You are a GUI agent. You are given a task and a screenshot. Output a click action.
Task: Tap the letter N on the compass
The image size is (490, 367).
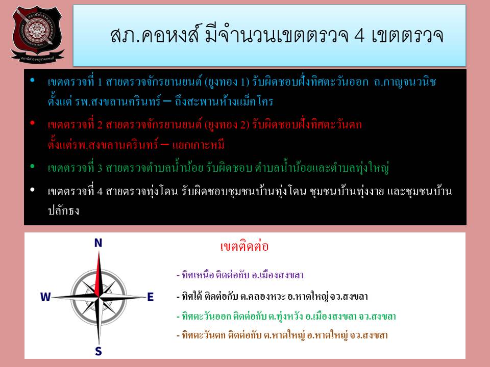[98, 243]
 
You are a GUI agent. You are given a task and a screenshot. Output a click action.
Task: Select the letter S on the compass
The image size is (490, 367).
[99, 351]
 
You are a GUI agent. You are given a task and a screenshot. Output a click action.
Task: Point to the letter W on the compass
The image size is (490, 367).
[45, 297]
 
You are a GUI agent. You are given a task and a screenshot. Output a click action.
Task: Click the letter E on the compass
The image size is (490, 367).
[150, 297]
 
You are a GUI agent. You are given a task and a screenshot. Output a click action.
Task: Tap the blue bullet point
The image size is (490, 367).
[32, 80]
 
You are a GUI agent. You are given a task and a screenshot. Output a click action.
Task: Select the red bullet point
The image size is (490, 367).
[32, 123]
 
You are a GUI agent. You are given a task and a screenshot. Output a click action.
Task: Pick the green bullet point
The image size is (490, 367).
[32, 167]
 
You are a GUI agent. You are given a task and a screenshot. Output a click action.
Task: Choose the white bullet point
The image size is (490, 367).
[32, 190]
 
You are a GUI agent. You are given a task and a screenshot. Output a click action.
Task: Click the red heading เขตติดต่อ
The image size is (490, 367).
[244, 246]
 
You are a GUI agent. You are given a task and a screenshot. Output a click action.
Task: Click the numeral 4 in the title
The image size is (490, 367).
[359, 35]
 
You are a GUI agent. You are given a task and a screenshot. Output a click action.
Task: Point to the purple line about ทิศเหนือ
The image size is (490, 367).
[240, 275]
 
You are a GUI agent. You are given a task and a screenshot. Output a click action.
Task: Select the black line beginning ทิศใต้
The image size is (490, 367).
[272, 296]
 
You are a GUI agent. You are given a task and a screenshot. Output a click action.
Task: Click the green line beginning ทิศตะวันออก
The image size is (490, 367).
[286, 316]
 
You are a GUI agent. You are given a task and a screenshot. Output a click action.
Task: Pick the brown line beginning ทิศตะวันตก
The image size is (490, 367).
[282, 335]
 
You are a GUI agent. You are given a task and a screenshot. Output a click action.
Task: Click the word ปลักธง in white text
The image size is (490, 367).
[63, 211]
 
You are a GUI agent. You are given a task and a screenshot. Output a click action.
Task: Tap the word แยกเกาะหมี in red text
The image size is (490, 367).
[198, 144]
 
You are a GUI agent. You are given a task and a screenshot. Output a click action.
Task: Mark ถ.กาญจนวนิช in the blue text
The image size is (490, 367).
[405, 82]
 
